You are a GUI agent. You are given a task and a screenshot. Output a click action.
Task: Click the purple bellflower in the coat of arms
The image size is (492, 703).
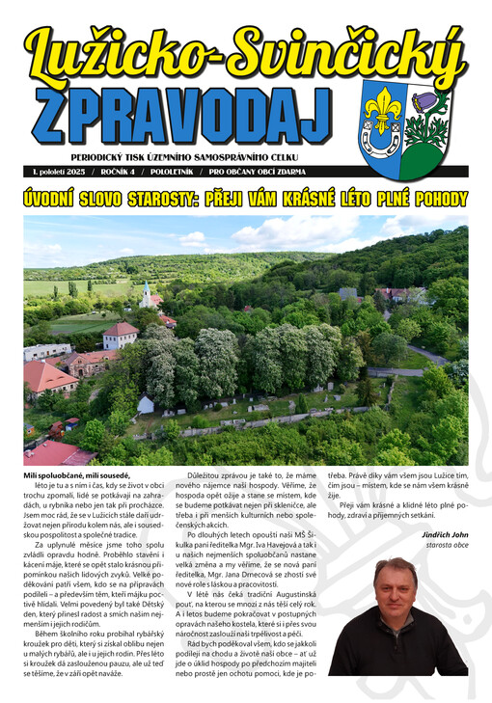(425, 102)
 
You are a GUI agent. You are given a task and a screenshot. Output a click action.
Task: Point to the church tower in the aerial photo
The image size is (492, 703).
(146, 292)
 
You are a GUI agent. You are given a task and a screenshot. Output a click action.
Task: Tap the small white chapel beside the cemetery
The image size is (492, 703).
(146, 404)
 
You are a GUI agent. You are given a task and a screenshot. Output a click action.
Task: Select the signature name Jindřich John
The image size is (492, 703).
(445, 534)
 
